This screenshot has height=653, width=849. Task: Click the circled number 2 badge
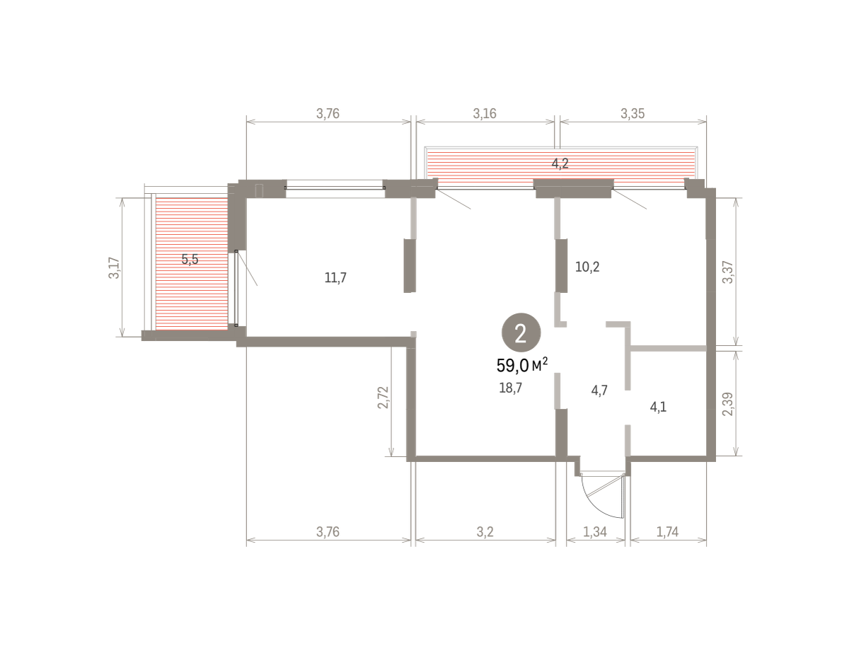[x=521, y=333]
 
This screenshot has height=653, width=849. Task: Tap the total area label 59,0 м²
[x=522, y=365]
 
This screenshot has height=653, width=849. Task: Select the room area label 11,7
[x=335, y=277]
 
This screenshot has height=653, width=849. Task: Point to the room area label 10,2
[x=587, y=267]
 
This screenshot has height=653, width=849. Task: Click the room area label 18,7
[x=510, y=388]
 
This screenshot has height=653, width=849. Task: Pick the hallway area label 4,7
[x=599, y=390]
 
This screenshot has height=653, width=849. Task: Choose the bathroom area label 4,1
[x=658, y=407]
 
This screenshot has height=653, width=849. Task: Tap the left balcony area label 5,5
[x=190, y=259]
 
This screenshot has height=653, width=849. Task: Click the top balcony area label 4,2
[x=560, y=163]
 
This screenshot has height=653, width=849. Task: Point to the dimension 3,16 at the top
[x=485, y=114]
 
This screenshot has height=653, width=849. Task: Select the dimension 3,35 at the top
[x=633, y=114]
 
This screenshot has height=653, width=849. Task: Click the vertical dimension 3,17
[x=114, y=267]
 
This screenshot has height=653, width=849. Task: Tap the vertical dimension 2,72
[x=383, y=397]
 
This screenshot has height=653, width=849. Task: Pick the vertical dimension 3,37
[x=728, y=272]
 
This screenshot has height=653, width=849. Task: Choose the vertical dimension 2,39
[x=728, y=404]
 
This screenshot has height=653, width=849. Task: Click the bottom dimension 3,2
[x=485, y=531]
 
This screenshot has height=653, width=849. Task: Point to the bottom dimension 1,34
[x=594, y=531]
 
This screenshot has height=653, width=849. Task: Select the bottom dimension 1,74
[x=667, y=531]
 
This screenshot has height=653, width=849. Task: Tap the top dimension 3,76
[x=328, y=114]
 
